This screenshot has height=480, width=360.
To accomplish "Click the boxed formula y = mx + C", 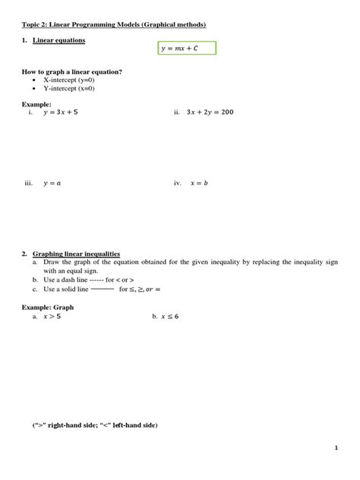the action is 187,49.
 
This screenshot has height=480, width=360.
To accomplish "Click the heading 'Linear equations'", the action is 58,39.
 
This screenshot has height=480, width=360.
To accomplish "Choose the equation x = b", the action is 199,183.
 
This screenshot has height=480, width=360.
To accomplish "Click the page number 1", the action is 335,448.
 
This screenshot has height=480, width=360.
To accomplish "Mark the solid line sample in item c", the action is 102,289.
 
